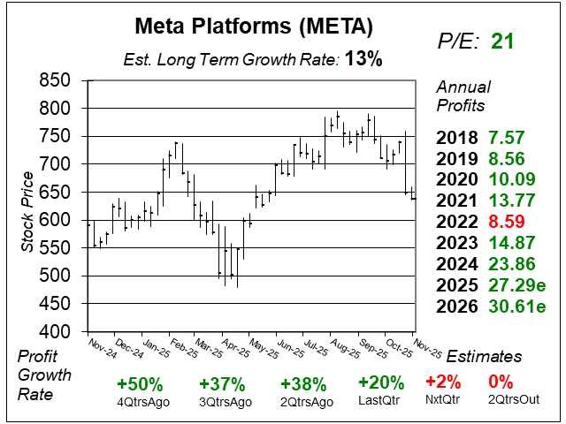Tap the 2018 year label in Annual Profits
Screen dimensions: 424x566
coord(456,138)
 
